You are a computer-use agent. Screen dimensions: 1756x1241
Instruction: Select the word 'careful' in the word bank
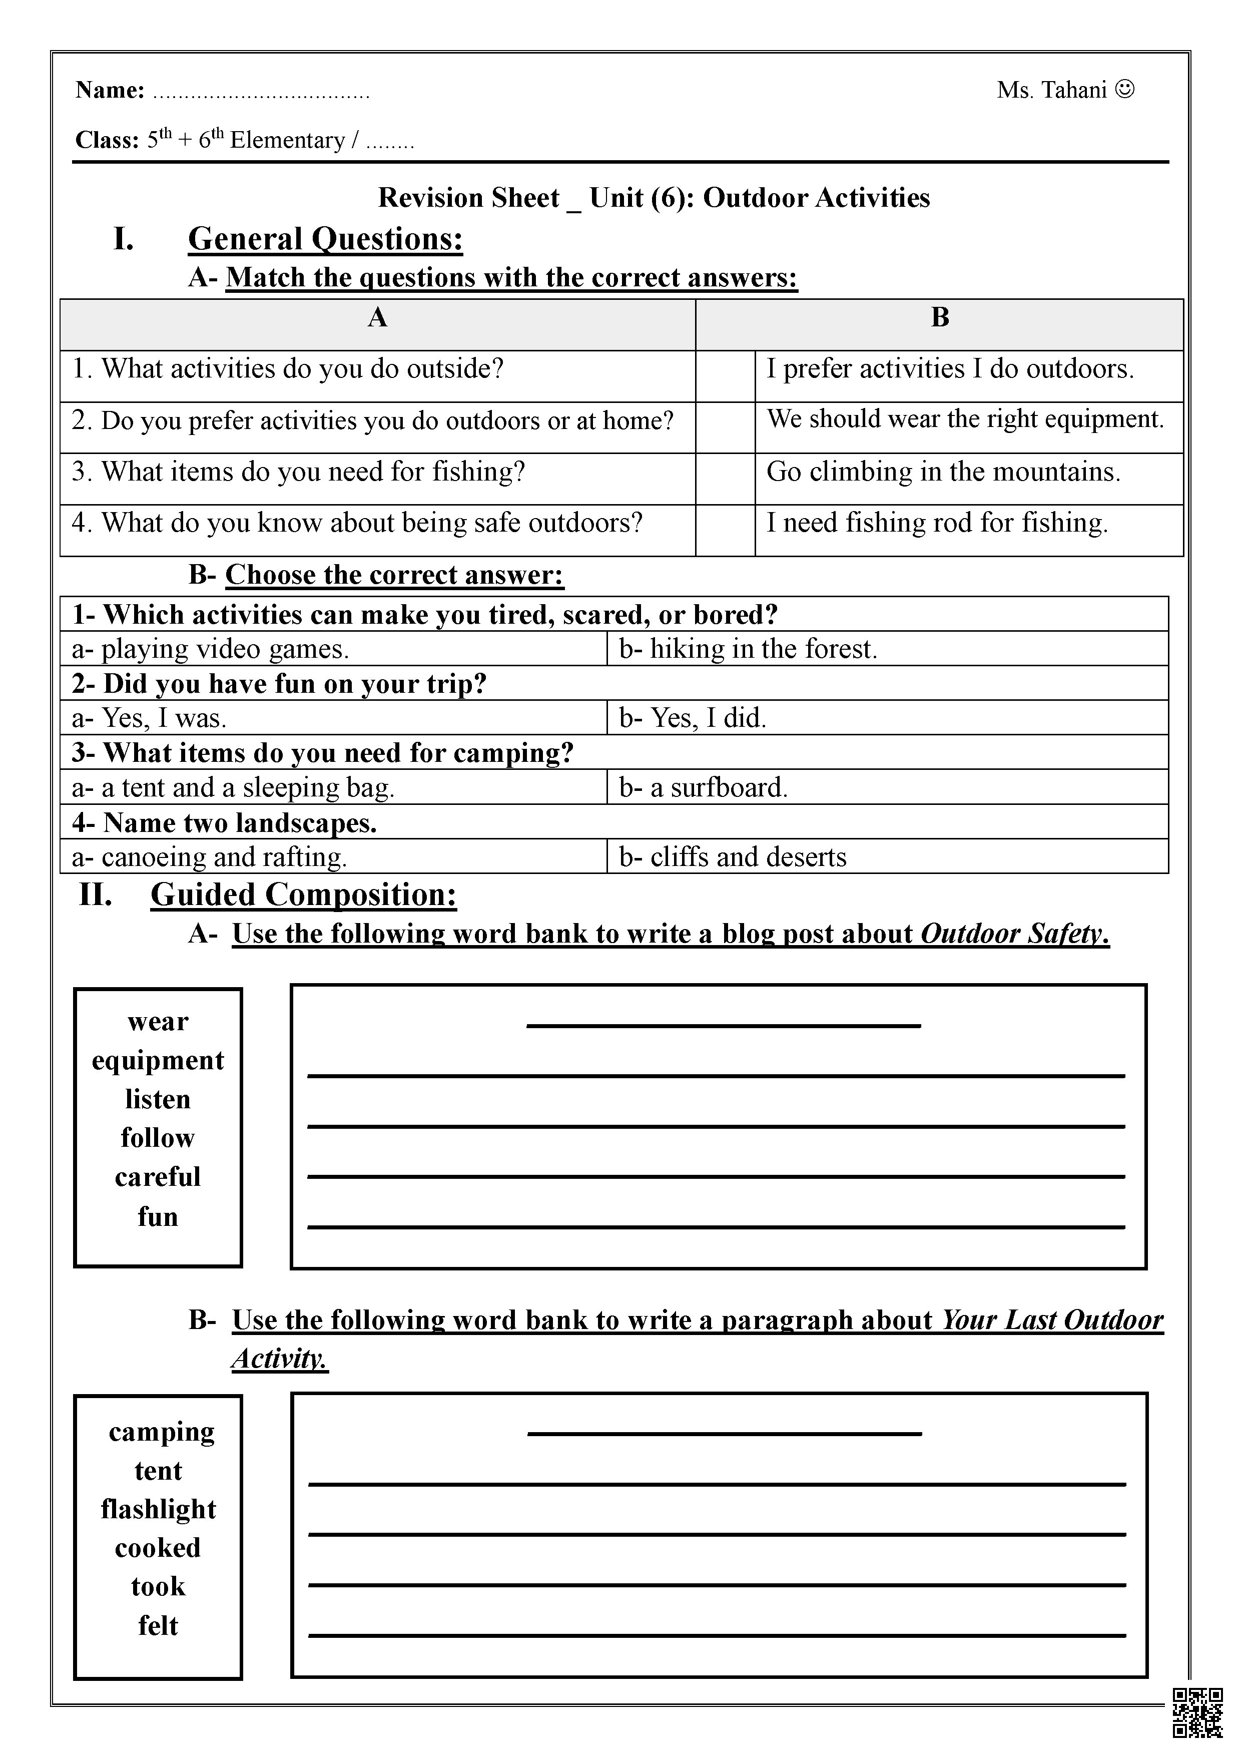158,1176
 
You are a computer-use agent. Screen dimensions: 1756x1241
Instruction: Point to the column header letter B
940,317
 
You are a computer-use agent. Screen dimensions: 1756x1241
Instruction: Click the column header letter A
377,317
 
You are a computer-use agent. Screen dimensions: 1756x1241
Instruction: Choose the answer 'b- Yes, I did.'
693,717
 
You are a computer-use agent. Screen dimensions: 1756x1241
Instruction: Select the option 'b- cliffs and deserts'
733,856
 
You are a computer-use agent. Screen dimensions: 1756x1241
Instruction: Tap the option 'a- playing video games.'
210,649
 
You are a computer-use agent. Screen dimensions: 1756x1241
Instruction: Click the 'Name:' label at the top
110,90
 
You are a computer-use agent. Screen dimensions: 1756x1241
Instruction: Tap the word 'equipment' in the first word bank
158,1060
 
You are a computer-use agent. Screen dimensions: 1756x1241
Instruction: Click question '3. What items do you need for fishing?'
298,472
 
